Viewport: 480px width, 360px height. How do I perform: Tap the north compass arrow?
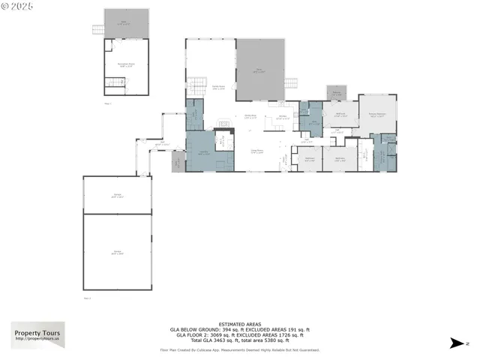[x=457, y=343]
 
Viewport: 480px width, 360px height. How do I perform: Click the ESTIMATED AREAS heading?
[x=240, y=323]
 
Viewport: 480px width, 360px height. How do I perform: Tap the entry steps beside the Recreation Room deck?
[x=97, y=30]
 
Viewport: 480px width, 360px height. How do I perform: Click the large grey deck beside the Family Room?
[x=260, y=69]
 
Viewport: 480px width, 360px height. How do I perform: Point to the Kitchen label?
[x=283, y=117]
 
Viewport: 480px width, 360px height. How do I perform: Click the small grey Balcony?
[x=335, y=93]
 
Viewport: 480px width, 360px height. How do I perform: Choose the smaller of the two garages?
[x=116, y=195]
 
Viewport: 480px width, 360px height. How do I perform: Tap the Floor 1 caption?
[x=106, y=103]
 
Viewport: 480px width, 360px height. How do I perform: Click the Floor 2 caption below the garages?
[x=87, y=298]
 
